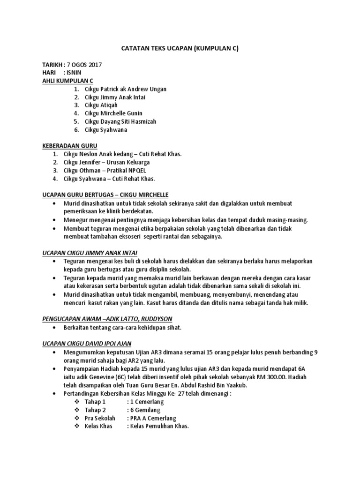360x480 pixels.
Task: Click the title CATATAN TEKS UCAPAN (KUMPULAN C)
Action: tap(180, 48)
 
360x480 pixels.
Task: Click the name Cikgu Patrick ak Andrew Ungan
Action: tap(125, 89)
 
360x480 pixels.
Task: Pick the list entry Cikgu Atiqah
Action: tap(102, 105)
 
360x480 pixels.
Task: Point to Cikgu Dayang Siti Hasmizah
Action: tap(120, 121)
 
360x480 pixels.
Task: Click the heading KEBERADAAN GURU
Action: tap(69, 146)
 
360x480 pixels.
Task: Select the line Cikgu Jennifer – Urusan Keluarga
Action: tap(107, 162)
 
